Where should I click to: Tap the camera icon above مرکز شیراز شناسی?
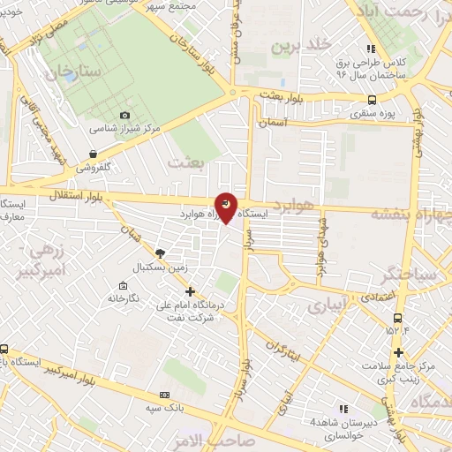click(124, 115)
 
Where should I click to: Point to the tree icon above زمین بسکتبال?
click(159, 252)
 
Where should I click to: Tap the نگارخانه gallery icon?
click(122, 286)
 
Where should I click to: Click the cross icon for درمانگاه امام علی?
click(189, 290)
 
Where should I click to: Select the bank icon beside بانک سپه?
click(164, 395)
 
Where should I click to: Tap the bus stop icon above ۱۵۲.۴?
click(397, 318)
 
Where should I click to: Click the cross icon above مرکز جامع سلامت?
click(399, 352)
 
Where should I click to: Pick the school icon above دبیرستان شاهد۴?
click(343, 409)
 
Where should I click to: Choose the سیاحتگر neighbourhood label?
click(406, 276)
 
